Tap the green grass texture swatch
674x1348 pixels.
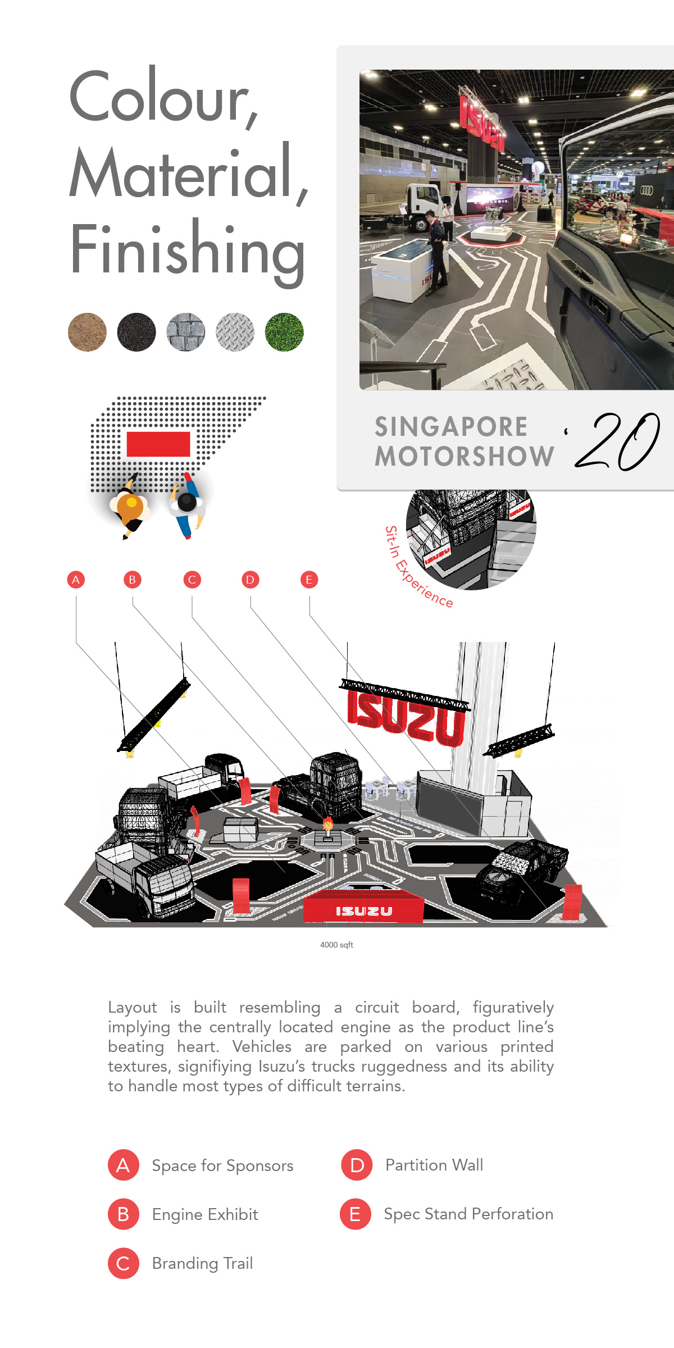(284, 332)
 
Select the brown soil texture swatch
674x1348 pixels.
(87, 332)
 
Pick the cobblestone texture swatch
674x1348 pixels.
(186, 332)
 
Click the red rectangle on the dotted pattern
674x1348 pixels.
(158, 444)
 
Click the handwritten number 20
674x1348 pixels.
(618, 442)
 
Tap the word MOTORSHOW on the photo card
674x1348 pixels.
(464, 456)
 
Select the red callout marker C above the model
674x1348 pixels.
(192, 580)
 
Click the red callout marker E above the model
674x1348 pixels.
(309, 580)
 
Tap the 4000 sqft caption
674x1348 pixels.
(336, 945)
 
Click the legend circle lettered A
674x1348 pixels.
(123, 1165)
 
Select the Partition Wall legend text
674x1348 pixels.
(434, 1165)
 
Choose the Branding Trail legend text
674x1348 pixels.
(202, 1264)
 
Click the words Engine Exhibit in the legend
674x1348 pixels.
(205, 1215)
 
